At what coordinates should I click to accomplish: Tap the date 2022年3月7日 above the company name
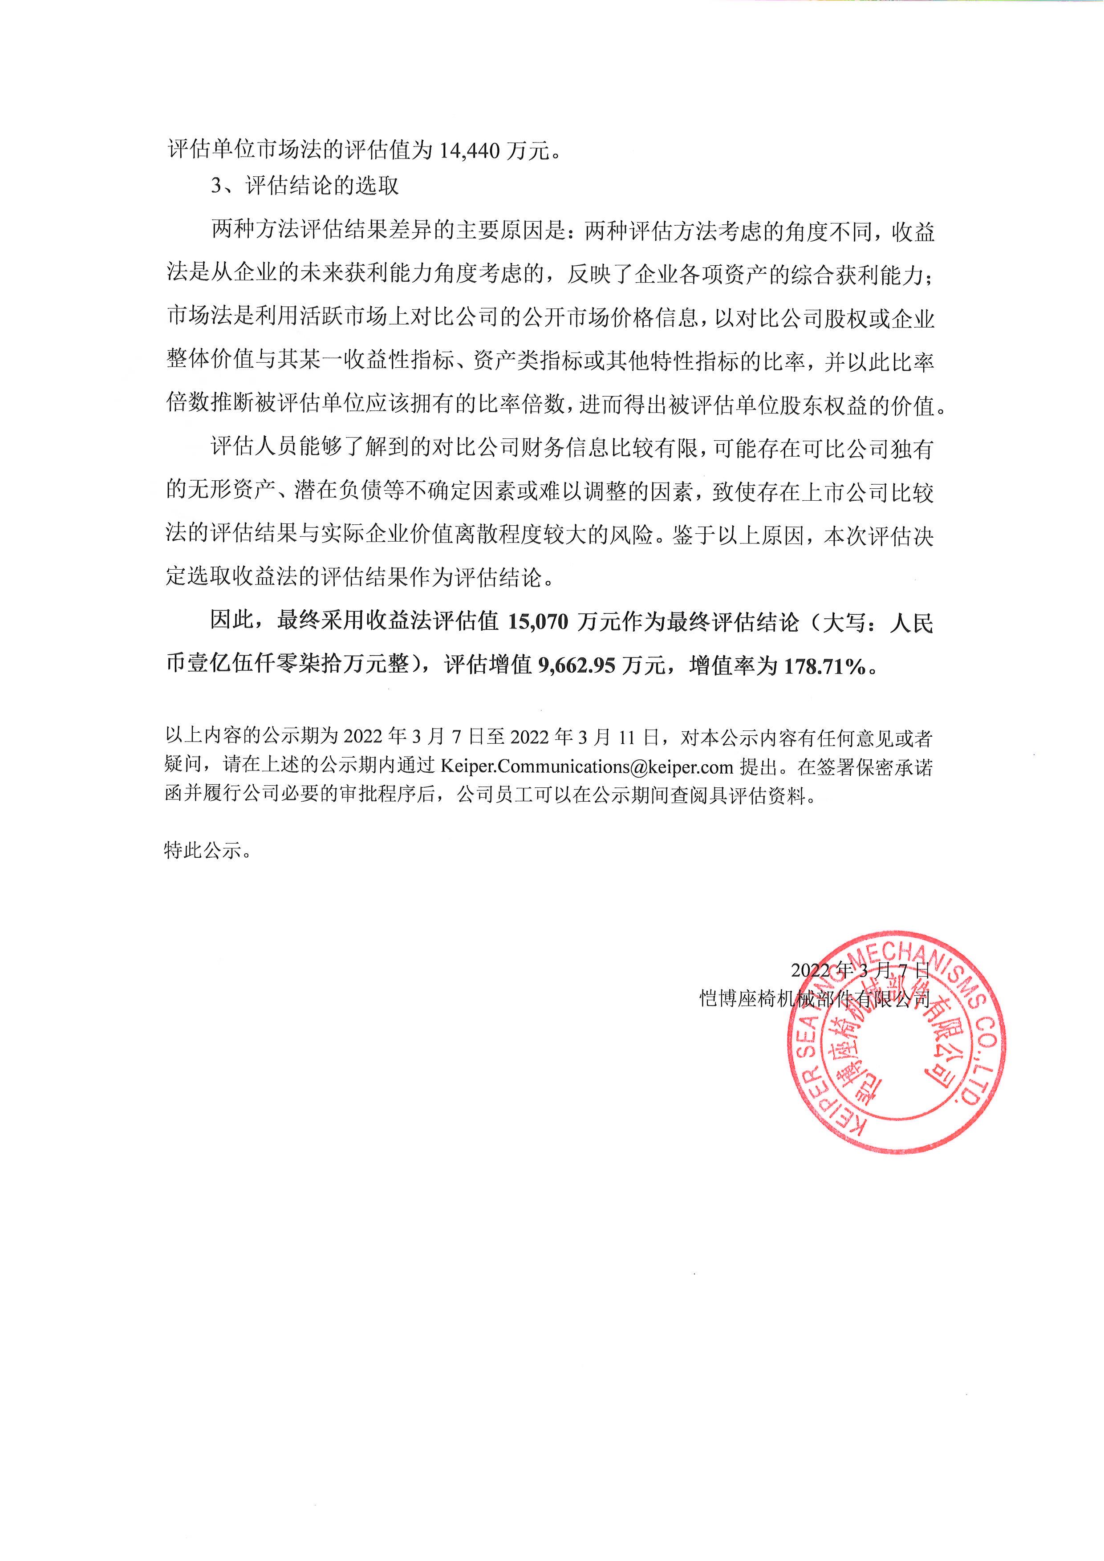859,969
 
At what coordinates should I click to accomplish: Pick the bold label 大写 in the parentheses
843,622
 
